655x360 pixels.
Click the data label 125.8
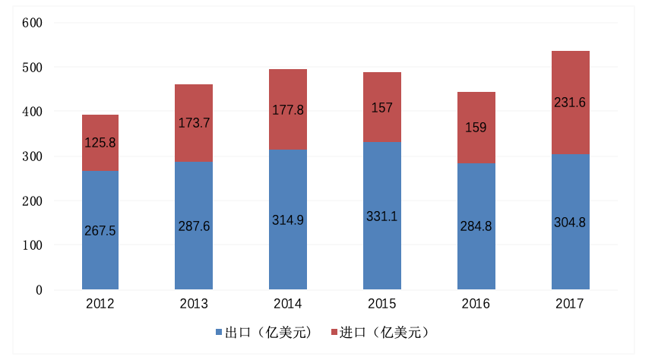pos(100,142)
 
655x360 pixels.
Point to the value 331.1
pos(382,216)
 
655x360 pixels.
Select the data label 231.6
pos(571,103)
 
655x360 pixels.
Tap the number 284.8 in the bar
pos(476,226)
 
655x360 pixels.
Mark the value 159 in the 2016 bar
pos(476,128)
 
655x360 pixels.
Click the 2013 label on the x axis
pos(194,304)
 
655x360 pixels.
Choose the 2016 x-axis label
pos(476,304)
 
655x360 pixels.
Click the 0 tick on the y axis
pos(38,290)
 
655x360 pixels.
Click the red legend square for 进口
pos(333,333)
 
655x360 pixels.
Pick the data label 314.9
pos(288,220)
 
